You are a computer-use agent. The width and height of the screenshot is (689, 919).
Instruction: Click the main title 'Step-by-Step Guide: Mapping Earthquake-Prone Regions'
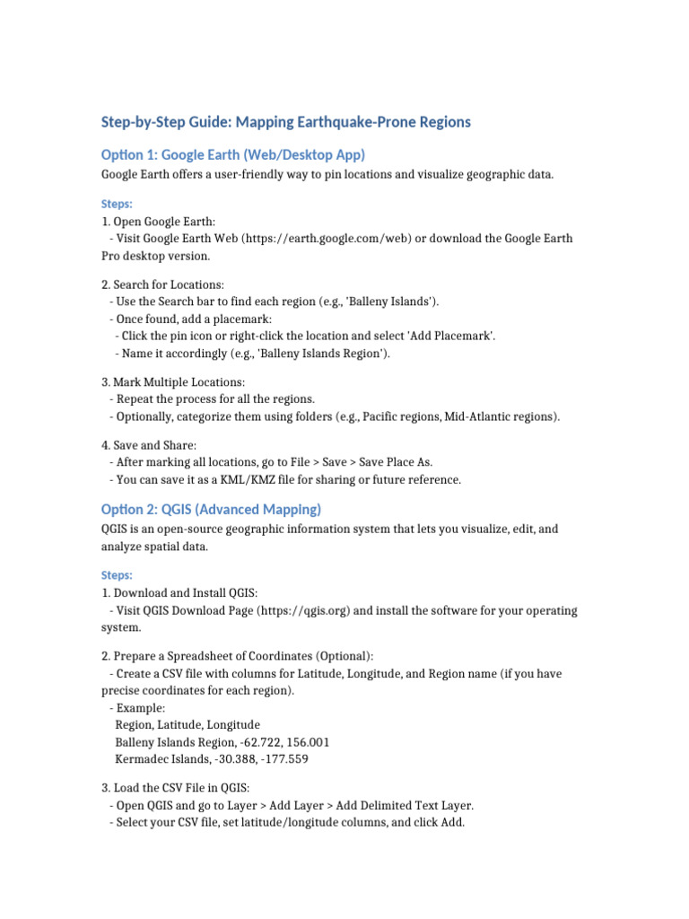coord(285,122)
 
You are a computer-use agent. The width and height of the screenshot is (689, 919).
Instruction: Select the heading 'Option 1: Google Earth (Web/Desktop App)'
coord(233,154)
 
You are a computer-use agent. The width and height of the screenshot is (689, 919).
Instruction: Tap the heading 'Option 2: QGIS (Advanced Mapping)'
coord(211,510)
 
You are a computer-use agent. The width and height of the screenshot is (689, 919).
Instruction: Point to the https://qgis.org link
coord(304,610)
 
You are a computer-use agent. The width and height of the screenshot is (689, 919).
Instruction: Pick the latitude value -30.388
coord(234,759)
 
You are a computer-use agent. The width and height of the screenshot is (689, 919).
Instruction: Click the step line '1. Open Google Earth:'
coord(159,221)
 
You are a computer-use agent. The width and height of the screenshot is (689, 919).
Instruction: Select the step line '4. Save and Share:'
coord(150,444)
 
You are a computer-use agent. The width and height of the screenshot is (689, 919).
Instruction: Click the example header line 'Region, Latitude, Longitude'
coord(188,724)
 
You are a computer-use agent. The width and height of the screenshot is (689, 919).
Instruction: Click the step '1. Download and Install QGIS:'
coord(179,592)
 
